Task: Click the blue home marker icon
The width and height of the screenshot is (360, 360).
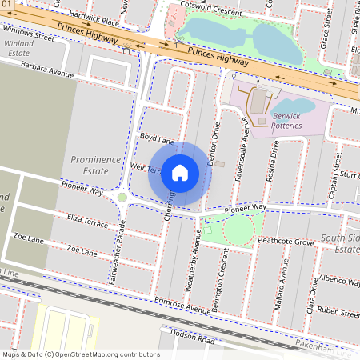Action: (180, 173)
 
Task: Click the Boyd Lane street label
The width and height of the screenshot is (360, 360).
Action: (157, 138)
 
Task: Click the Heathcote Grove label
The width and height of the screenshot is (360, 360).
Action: (286, 240)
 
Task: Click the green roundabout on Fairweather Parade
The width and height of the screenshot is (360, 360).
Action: (122, 197)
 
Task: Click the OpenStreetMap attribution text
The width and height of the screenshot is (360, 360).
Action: (80, 354)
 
